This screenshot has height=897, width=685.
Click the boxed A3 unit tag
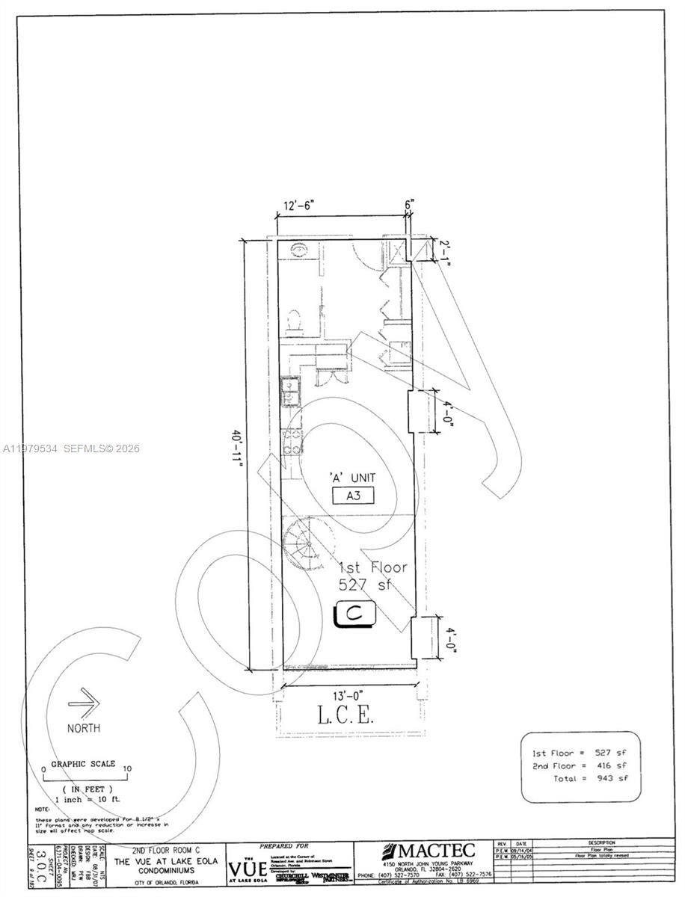(x=354, y=495)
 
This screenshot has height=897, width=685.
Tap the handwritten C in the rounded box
(x=358, y=614)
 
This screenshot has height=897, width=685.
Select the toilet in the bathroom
(x=295, y=320)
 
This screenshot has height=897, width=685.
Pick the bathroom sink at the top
(x=298, y=248)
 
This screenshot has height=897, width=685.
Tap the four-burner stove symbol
(x=292, y=440)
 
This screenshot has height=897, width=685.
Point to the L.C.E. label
(x=345, y=715)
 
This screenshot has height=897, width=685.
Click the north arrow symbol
(x=84, y=703)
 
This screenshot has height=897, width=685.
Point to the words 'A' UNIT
(x=353, y=477)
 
